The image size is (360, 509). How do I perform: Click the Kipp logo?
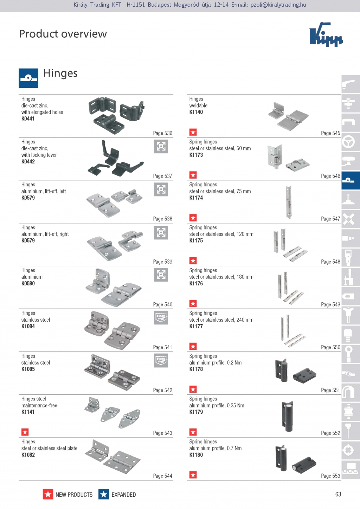pos(326,34)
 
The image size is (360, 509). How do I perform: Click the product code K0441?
pos(28,118)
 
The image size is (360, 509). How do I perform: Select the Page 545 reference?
pos(330,133)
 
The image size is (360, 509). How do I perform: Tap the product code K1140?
pos(196,112)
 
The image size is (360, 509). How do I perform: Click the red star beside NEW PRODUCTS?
pos(48,494)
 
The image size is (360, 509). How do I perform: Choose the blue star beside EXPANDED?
pos(104,494)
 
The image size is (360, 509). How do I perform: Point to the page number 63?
pos(338,494)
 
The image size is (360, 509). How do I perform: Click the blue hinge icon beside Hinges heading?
pos(28,78)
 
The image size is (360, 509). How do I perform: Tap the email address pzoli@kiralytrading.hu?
pos(278,5)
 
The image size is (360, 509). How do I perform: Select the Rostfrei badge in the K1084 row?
pos(161,317)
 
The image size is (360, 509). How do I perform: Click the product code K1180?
pos(196,455)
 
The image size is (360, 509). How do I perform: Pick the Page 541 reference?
pos(162,347)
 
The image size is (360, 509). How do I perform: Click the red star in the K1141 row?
pos(25,432)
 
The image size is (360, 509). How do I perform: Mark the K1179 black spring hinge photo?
pos(288,416)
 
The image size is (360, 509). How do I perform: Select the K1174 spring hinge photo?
pos(289,202)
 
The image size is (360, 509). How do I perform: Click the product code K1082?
pos(28,455)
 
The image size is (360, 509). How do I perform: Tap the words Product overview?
pos(63,34)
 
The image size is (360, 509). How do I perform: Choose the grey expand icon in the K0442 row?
pos(161,146)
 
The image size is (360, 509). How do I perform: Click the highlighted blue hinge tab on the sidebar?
pos(351,180)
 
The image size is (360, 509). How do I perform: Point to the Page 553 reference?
pos(330,476)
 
